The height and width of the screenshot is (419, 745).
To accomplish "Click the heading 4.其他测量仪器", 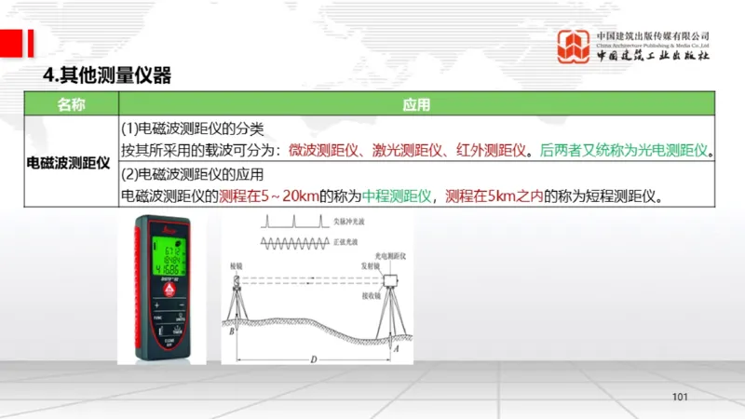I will [x=108, y=75].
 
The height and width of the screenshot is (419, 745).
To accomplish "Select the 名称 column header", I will [x=71, y=104].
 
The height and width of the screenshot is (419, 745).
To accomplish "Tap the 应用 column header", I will [x=416, y=104].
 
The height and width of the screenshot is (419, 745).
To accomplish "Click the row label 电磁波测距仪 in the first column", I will [x=69, y=161].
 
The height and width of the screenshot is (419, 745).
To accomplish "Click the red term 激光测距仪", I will [x=402, y=149].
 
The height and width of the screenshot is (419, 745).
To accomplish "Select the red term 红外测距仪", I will [x=483, y=149].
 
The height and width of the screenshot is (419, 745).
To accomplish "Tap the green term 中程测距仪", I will [x=398, y=196].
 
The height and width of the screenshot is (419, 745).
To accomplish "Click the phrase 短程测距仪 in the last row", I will [x=623, y=196].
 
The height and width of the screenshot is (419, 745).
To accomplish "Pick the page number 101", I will [x=679, y=398].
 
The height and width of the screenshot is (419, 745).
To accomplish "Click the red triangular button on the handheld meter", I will [x=169, y=290].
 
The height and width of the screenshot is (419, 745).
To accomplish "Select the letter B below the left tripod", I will [x=229, y=329].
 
